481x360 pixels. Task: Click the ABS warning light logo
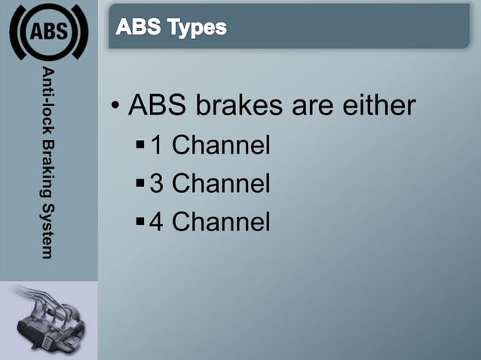coord(48,32)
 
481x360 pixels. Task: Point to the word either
coord(378,105)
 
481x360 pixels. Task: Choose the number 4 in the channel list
coord(157,222)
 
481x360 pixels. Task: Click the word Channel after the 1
coord(221,145)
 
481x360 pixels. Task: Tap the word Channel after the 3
coord(221,184)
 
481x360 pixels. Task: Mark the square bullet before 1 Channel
coord(140,142)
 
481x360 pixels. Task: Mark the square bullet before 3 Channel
coord(140,181)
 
